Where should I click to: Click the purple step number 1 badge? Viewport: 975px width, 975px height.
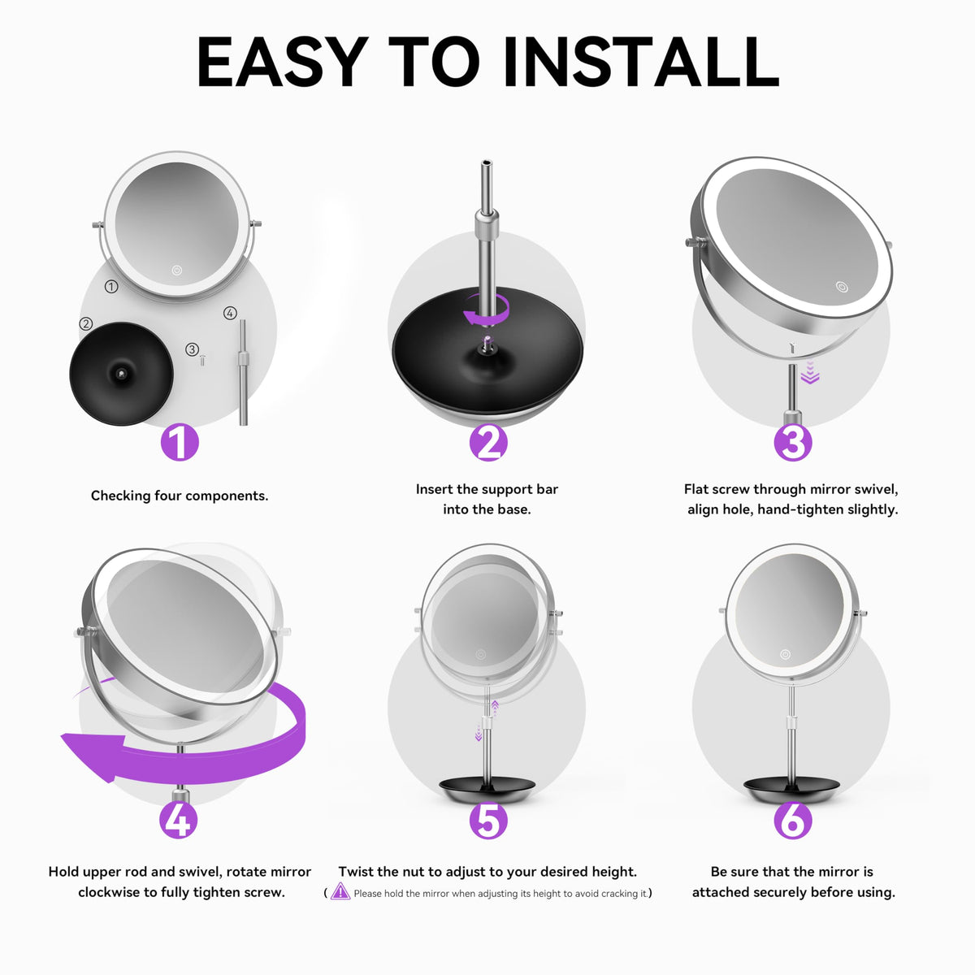pyautogui.click(x=180, y=442)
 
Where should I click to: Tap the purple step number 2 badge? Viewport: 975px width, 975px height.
pyautogui.click(x=487, y=442)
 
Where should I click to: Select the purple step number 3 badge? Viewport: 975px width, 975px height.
pyautogui.click(x=793, y=442)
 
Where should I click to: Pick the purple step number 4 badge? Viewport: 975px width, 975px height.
pyautogui.click(x=178, y=820)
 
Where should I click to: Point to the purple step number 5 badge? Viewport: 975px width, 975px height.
pyautogui.click(x=487, y=820)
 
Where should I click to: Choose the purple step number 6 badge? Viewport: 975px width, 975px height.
pyautogui.click(x=793, y=820)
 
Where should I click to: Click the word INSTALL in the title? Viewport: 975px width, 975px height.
pyautogui.click(x=641, y=63)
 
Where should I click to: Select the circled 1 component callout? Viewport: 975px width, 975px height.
pyautogui.click(x=111, y=287)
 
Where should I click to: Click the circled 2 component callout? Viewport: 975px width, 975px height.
pyautogui.click(x=86, y=323)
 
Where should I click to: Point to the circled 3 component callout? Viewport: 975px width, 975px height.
pyautogui.click(x=192, y=349)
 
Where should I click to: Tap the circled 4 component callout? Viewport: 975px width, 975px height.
pyautogui.click(x=230, y=313)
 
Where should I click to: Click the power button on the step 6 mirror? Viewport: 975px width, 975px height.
pyautogui.click(x=785, y=654)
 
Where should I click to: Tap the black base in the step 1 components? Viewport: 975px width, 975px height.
pyautogui.click(x=121, y=374)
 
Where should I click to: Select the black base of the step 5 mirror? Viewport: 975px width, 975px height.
pyautogui.click(x=487, y=790)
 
